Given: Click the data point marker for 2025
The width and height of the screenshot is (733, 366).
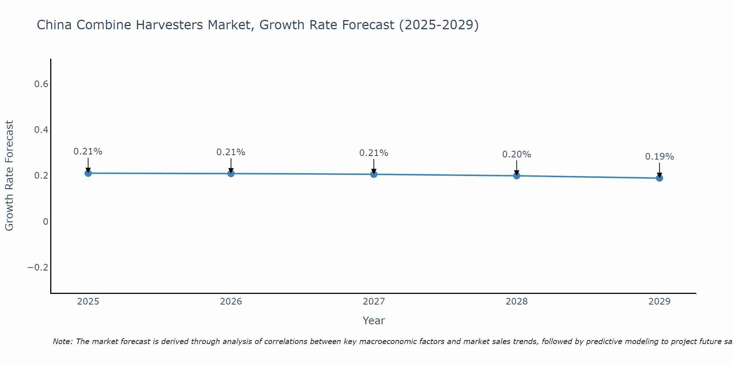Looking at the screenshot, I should pyautogui.click(x=88, y=173).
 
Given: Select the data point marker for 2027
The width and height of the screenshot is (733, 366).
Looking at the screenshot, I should pyautogui.click(x=374, y=174).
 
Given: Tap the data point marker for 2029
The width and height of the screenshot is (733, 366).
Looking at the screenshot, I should pyautogui.click(x=659, y=178).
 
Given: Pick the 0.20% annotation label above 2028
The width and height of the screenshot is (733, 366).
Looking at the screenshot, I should pyautogui.click(x=516, y=154).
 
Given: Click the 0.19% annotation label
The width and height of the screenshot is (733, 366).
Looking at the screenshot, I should pyautogui.click(x=659, y=157).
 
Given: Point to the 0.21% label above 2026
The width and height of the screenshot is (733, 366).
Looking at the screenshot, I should pyautogui.click(x=231, y=152).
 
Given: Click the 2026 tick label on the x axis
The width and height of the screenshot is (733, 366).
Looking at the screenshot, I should pyautogui.click(x=231, y=302).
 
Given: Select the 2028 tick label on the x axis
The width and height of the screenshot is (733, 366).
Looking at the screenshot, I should pyautogui.click(x=516, y=302).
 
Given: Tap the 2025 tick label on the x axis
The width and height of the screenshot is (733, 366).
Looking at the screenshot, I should pyautogui.click(x=88, y=302).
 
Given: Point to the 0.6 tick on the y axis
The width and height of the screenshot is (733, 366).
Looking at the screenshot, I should pyautogui.click(x=41, y=84).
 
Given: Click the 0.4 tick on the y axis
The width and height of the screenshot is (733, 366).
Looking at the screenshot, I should pyautogui.click(x=41, y=130).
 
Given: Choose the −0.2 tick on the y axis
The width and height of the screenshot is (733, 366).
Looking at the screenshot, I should pyautogui.click(x=38, y=268).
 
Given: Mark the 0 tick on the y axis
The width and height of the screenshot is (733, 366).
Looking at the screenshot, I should pyautogui.click(x=45, y=222).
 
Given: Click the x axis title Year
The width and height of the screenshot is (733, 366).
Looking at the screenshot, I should pyautogui.click(x=373, y=321).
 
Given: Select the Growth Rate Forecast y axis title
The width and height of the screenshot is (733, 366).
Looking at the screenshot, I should pyautogui.click(x=9, y=175).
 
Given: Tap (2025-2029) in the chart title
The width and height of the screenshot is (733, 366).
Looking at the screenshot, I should pyautogui.click(x=439, y=25).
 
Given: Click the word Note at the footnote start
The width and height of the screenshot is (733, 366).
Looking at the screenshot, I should pyautogui.click(x=62, y=341).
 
